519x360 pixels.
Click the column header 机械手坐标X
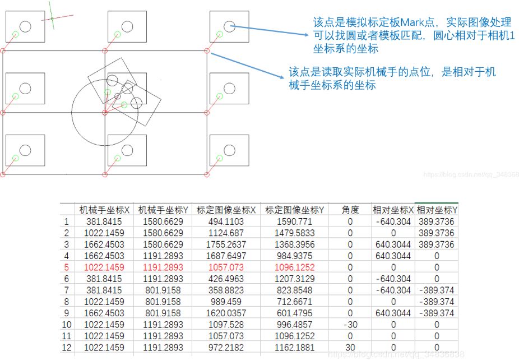tap(104, 210)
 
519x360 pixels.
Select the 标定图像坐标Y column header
tap(295, 210)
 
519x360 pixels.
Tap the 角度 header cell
tap(350, 210)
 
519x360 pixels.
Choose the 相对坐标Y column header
tap(437, 210)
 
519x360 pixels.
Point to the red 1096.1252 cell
tap(295, 267)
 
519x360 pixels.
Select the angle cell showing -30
tap(350, 325)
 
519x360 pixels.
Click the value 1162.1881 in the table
tap(295, 348)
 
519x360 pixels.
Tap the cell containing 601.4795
tap(295, 313)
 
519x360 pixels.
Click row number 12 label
tap(67, 348)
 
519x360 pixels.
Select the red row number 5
tap(66, 267)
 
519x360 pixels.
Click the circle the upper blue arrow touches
tap(229, 26)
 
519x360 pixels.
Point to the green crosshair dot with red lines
tap(52, 19)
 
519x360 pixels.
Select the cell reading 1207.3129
tap(295, 279)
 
